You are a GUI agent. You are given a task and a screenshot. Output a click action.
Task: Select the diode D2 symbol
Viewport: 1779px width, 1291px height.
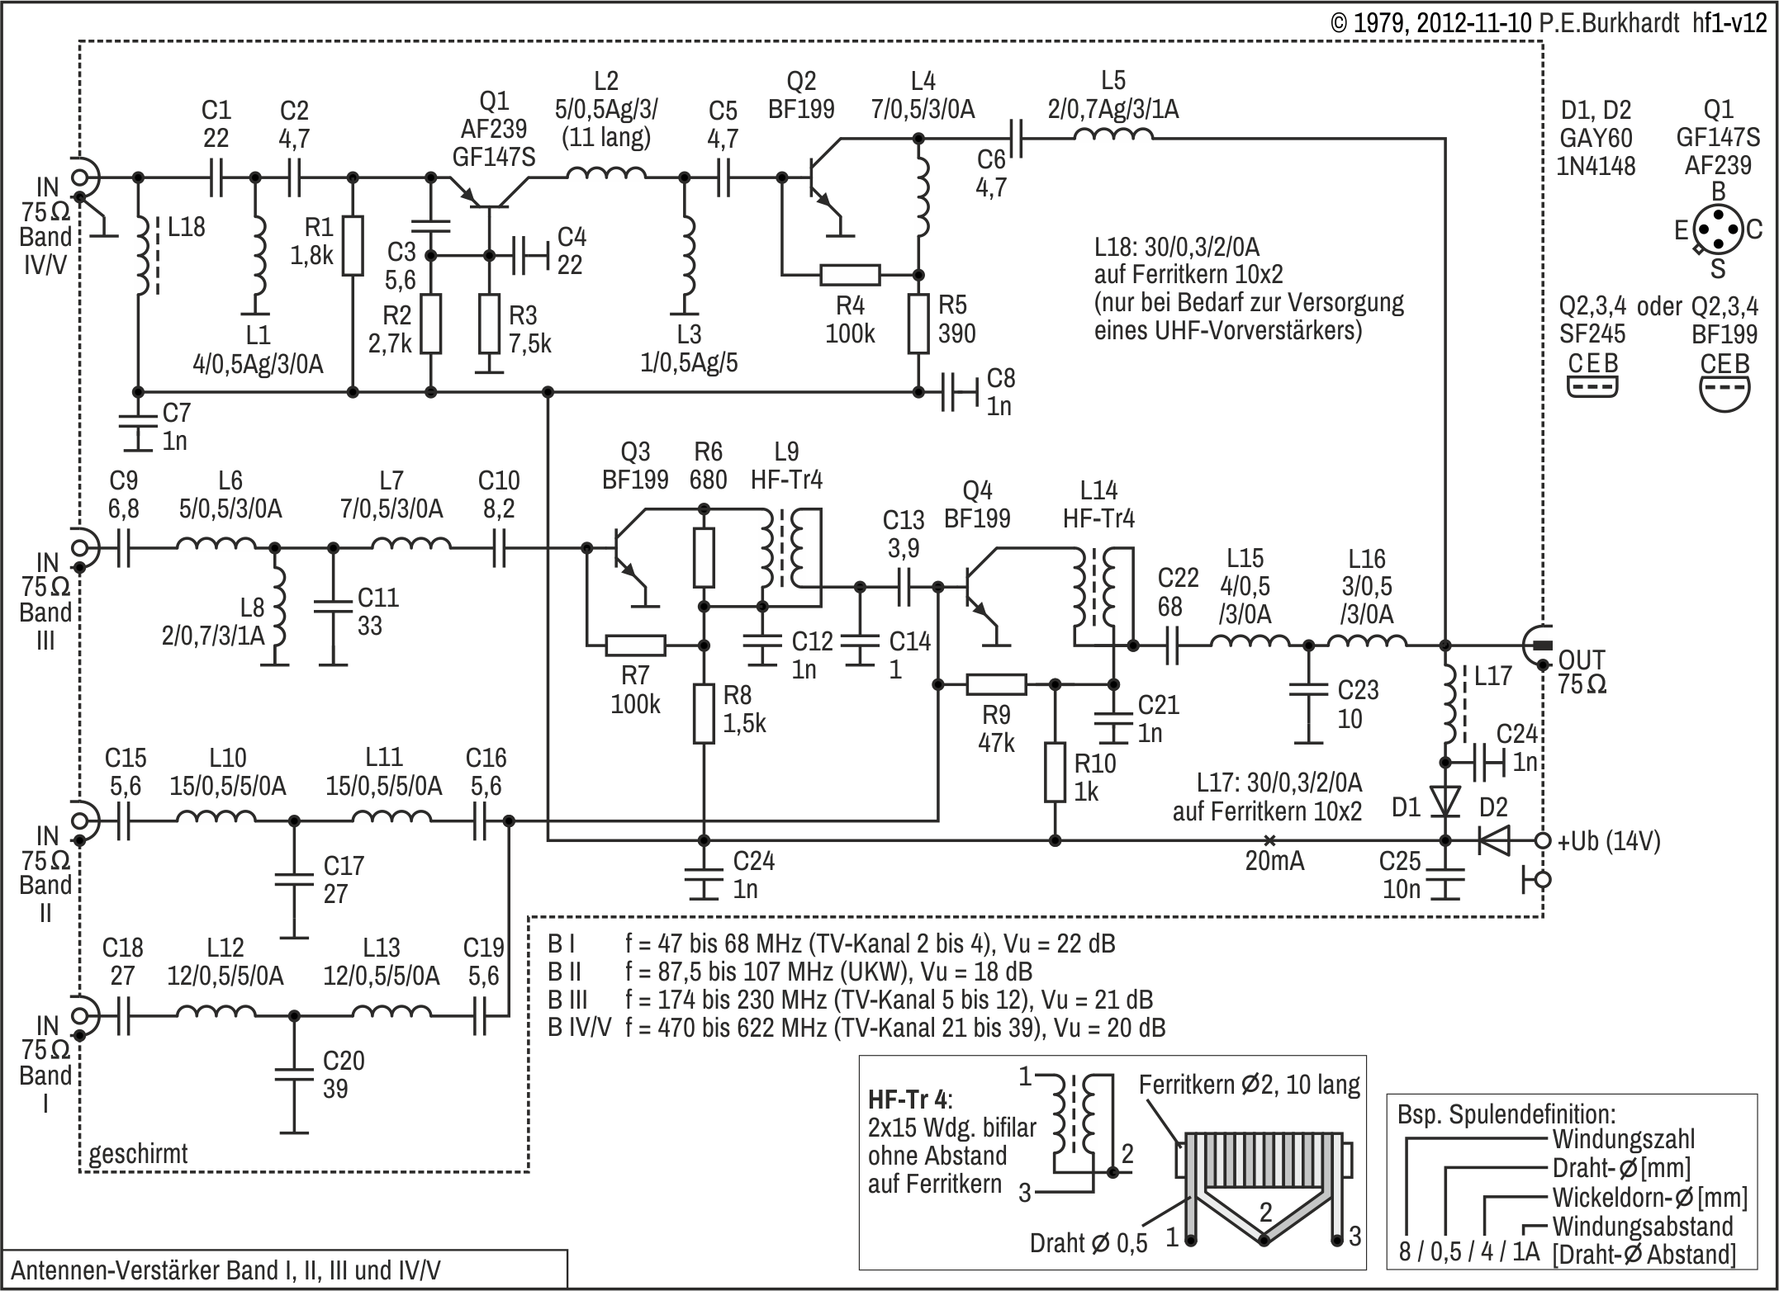point(1492,840)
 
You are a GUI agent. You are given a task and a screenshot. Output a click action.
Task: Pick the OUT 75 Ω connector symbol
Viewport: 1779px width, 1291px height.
point(1538,645)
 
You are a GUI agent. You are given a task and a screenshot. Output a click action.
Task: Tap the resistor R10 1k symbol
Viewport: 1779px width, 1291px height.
point(1055,772)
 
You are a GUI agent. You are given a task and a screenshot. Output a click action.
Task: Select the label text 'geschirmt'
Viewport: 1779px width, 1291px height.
point(138,1153)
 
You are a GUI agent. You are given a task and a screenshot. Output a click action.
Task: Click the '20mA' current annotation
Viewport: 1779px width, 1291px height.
point(1274,861)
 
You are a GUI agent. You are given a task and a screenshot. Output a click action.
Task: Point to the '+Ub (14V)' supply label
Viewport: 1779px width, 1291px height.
point(1608,842)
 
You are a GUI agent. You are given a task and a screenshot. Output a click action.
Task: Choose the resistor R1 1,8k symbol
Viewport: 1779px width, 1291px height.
point(353,246)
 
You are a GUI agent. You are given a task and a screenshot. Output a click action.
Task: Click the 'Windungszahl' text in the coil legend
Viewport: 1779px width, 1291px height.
point(1623,1140)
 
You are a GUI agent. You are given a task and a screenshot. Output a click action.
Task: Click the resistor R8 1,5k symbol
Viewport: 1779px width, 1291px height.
point(704,713)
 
